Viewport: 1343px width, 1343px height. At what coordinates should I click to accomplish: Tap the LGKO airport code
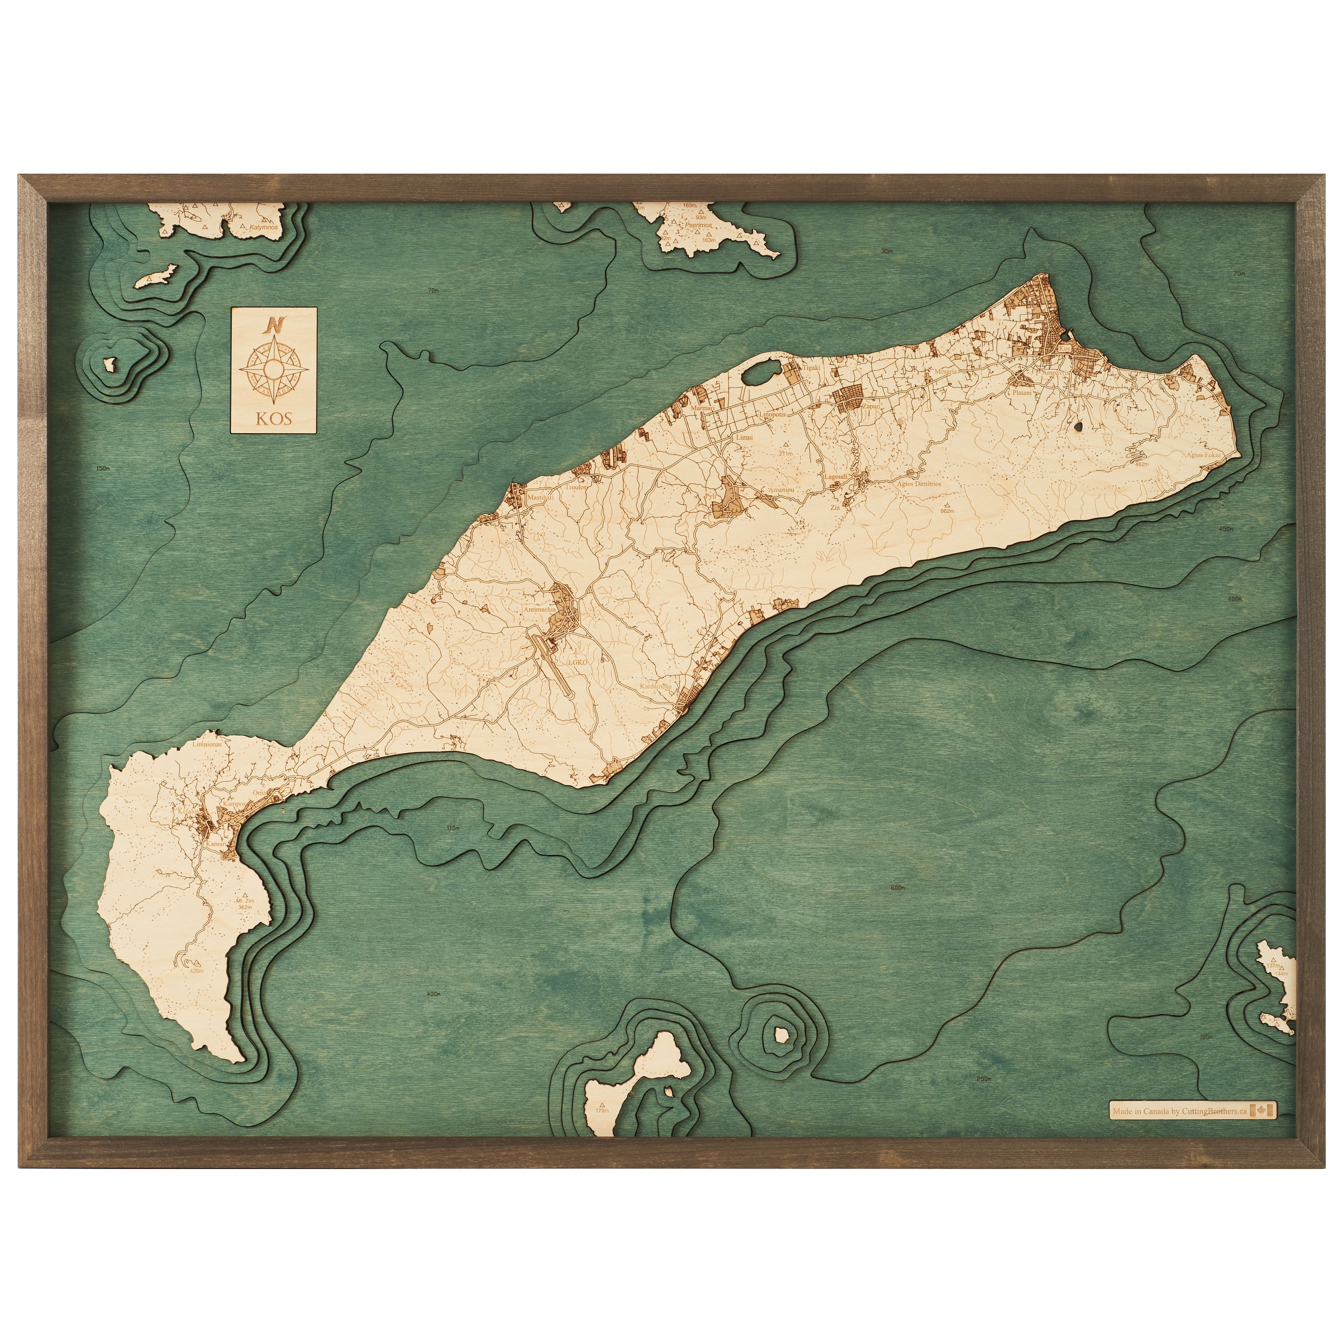point(577,663)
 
